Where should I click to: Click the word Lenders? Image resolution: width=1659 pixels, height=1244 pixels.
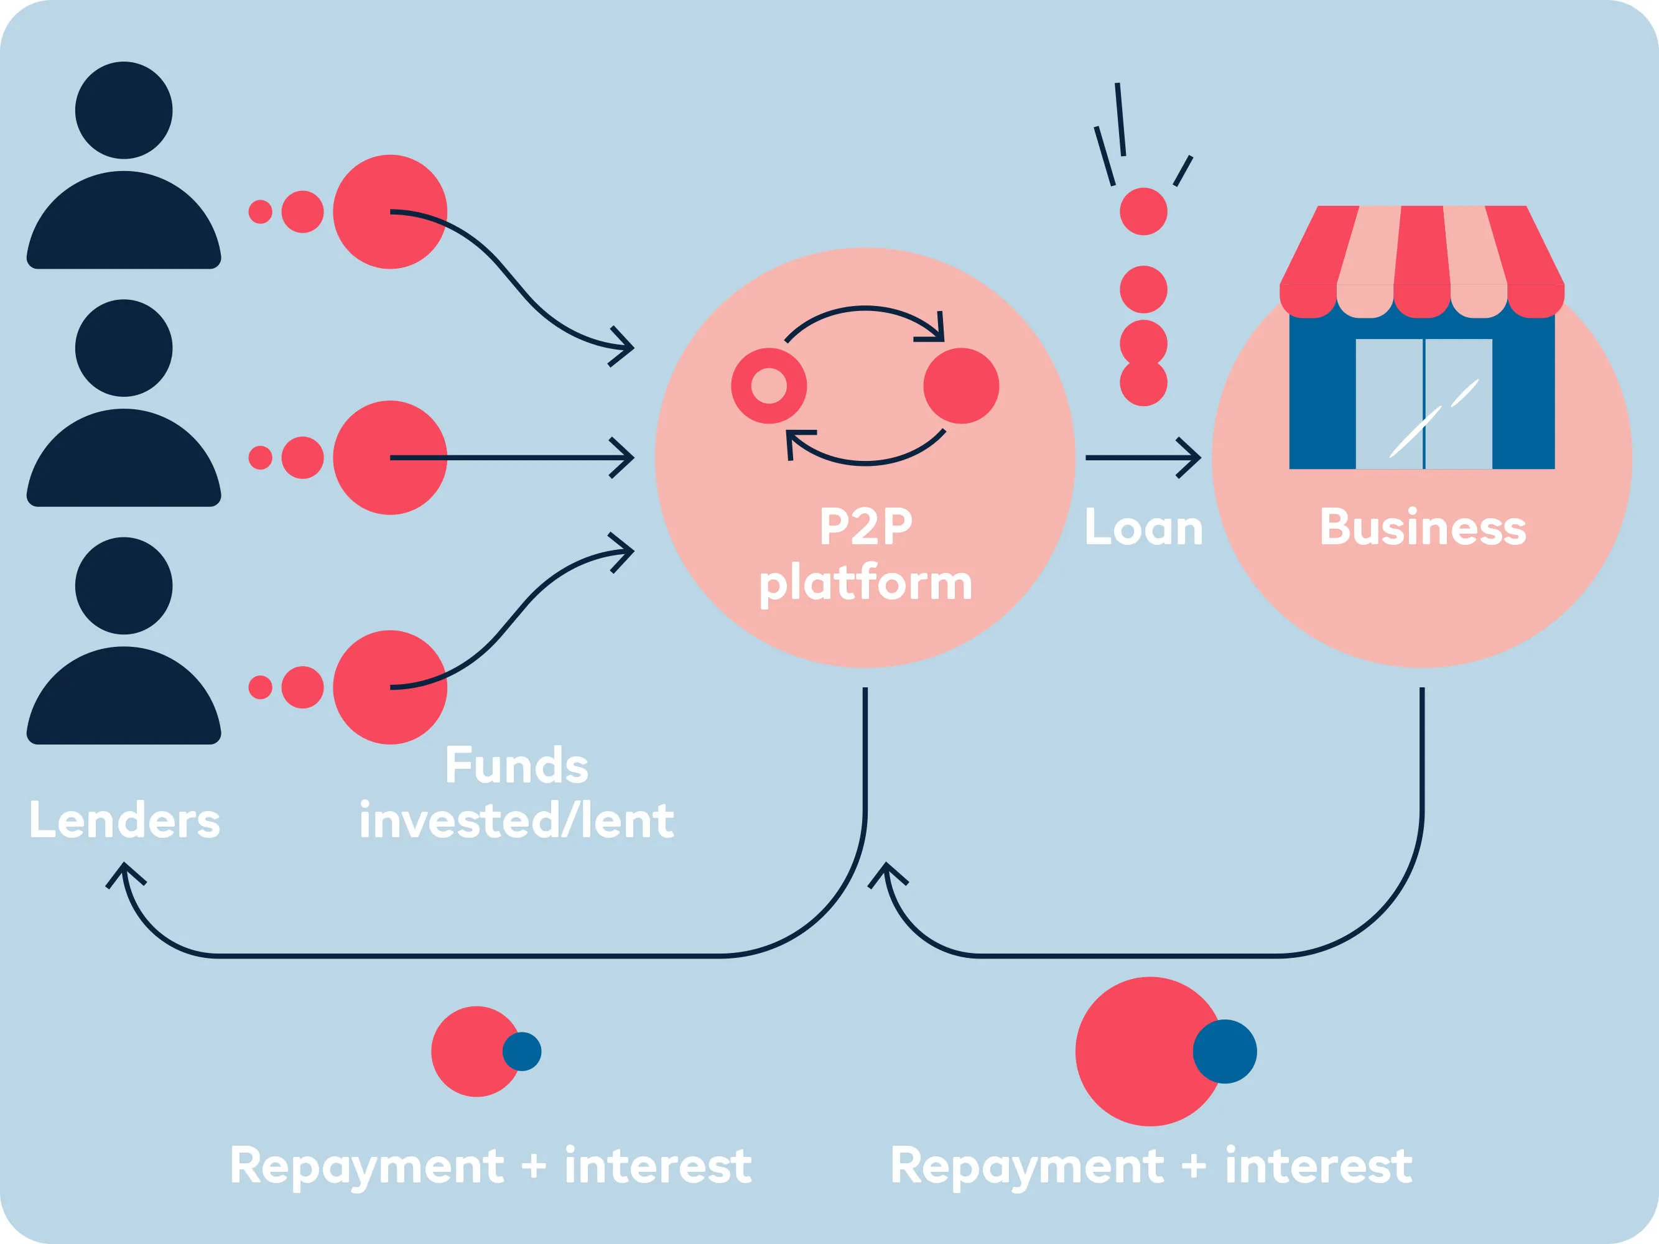coord(124,820)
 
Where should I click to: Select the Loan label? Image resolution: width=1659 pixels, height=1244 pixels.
coord(1144,528)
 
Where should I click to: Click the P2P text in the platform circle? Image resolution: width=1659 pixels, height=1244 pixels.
coord(865,526)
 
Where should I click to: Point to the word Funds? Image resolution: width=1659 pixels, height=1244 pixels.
coord(517,766)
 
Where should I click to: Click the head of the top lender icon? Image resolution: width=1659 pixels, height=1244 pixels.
coord(124,110)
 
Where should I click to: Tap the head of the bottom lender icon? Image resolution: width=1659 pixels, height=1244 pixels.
coord(124,586)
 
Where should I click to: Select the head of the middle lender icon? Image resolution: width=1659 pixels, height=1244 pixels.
coord(124,348)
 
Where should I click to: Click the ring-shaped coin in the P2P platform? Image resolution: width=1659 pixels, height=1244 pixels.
coord(769,386)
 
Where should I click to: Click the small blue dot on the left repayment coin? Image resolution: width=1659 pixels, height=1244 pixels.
coord(522,1051)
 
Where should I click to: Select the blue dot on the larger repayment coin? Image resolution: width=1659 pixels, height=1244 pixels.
coord(1225,1051)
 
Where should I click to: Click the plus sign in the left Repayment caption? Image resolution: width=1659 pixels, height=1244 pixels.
coord(533,1167)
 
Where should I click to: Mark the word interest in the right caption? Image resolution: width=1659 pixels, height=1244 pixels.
coord(1319,1167)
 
